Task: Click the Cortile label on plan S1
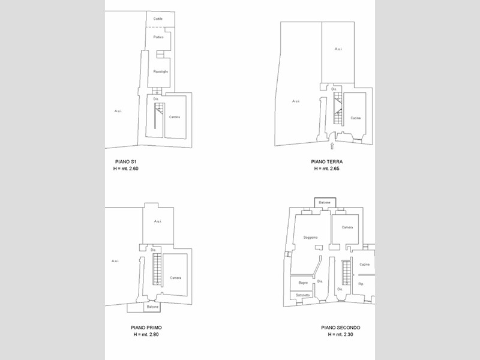[158, 19]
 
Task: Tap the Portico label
[158, 37]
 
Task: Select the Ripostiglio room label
[160, 72]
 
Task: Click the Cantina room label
[174, 116]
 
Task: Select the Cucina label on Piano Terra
[355, 118]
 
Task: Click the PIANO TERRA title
[327, 162]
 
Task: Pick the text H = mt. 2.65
[327, 169]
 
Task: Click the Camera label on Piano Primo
[175, 277]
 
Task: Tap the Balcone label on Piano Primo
[152, 307]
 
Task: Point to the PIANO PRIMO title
[146, 328]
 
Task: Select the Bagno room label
[303, 282]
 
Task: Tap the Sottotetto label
[302, 295]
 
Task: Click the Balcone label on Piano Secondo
[325, 203]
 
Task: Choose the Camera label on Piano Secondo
[347, 227]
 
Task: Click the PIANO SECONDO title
[340, 328]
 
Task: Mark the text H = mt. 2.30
[340, 335]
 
